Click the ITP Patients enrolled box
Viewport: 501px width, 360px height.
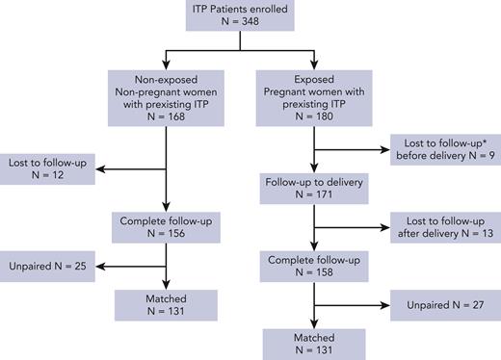click(251, 18)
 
